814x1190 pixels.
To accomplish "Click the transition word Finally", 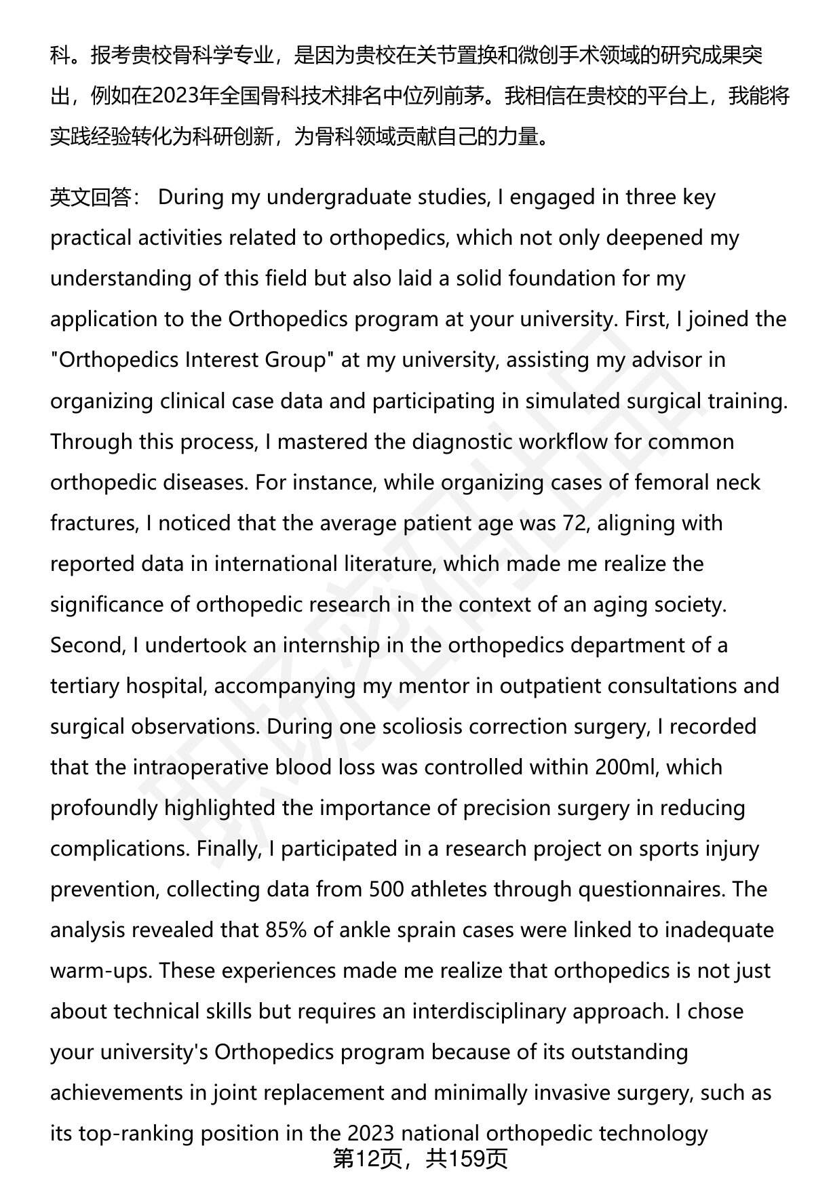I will [x=227, y=848].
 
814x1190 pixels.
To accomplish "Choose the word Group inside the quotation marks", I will [x=295, y=360].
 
